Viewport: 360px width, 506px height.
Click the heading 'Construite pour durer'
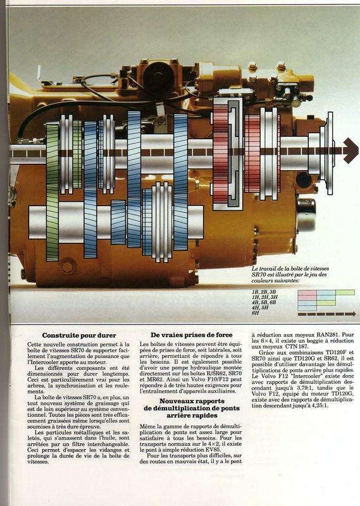point(79,335)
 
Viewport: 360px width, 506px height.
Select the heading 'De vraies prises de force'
point(192,335)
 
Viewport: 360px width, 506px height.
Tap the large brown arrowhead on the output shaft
point(351,151)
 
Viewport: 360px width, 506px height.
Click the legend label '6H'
point(256,313)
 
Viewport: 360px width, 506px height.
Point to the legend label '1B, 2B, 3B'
point(264,292)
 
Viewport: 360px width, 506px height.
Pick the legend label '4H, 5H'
point(260,307)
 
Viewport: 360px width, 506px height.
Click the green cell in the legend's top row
point(345,292)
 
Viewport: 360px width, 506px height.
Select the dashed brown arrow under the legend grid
point(326,314)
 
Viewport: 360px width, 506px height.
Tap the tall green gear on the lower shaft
point(53,192)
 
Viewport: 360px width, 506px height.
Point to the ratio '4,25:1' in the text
point(320,405)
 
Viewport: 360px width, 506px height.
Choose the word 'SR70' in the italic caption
point(258,275)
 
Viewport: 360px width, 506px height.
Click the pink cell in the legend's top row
point(307,292)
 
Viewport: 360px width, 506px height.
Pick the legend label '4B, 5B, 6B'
point(264,302)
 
